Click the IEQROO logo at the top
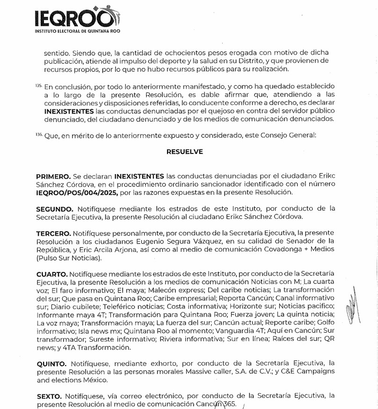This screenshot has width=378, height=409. click(x=75, y=19)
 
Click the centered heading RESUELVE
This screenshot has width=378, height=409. click(x=184, y=152)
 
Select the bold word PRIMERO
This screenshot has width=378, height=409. click(x=53, y=176)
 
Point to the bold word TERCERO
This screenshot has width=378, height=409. click(x=53, y=234)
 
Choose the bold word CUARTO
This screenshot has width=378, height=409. click(x=52, y=273)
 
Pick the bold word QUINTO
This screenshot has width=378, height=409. click(x=51, y=363)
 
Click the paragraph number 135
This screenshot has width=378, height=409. click(x=39, y=86)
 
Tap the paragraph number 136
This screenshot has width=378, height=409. click(x=39, y=135)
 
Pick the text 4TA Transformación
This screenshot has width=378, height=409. click(x=91, y=348)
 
